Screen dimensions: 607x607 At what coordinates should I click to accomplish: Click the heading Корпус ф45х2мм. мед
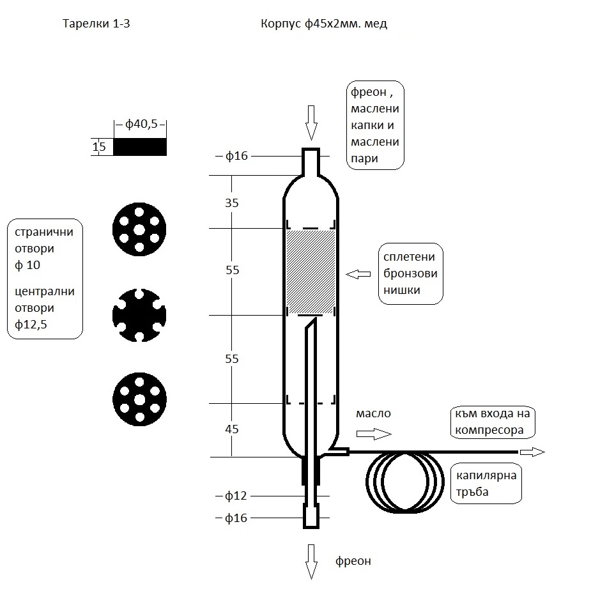coord(324,25)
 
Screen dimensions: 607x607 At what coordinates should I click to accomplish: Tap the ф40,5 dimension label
coord(142,125)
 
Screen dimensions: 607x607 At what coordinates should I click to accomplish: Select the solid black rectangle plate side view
coord(140,147)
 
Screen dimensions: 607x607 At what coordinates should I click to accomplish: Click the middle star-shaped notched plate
coord(139,314)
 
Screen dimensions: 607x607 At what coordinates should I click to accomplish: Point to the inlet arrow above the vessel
coord(311,122)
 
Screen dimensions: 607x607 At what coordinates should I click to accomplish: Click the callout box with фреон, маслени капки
coord(376,125)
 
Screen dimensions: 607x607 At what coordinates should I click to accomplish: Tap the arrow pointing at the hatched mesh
coord(358,274)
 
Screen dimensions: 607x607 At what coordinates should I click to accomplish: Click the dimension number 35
coord(233,203)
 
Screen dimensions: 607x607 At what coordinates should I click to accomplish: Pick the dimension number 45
coord(233,429)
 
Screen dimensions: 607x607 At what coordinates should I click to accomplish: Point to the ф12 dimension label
coord(236,496)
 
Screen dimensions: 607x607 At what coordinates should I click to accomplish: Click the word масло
coord(373,414)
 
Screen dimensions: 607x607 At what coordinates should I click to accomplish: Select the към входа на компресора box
coord(493,422)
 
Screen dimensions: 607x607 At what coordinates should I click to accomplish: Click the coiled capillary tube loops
coord(404,482)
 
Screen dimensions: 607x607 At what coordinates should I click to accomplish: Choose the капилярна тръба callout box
coord(487,483)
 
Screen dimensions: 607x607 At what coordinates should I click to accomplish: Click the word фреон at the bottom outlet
coord(353,562)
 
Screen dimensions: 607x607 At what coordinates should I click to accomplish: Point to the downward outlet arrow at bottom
coord(311,562)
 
